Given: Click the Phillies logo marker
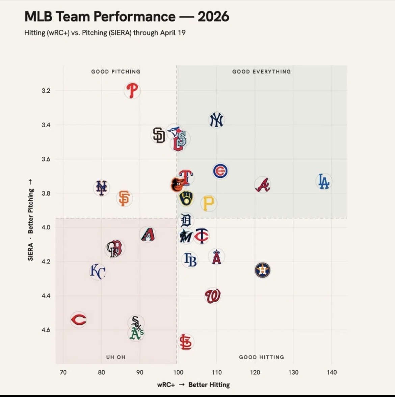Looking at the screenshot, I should pyautogui.click(x=132, y=90).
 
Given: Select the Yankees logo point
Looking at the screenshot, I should pyautogui.click(x=216, y=120).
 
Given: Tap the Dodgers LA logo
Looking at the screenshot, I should pyautogui.click(x=324, y=181).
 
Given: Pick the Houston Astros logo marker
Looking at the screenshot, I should pyautogui.click(x=262, y=270).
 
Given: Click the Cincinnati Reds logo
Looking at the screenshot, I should pyautogui.click(x=79, y=319).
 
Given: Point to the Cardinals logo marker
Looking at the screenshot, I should pyautogui.click(x=185, y=342).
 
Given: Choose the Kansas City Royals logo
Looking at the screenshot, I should pyautogui.click(x=98, y=272).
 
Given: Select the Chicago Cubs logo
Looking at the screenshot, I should pyautogui.click(x=220, y=171).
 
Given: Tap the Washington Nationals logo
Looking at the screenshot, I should pyautogui.click(x=213, y=296).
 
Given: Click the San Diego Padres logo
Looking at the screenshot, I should pyautogui.click(x=159, y=135).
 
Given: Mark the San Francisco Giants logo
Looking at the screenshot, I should pyautogui.click(x=124, y=198).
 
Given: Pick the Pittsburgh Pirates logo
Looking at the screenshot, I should pyautogui.click(x=208, y=203).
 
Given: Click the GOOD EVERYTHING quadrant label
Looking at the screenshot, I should pyautogui.click(x=261, y=72).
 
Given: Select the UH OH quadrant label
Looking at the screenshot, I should pyautogui.click(x=116, y=357).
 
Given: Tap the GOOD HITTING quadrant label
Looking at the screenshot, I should pyautogui.click(x=261, y=357).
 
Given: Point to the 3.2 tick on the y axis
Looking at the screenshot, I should pyautogui.click(x=46, y=91).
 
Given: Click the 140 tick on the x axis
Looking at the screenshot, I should pyautogui.click(x=332, y=372).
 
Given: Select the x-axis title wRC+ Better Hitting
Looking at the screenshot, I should pyautogui.click(x=193, y=385).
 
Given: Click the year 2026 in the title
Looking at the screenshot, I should pyautogui.click(x=213, y=17).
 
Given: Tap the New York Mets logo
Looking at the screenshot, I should pyautogui.click(x=101, y=188).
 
